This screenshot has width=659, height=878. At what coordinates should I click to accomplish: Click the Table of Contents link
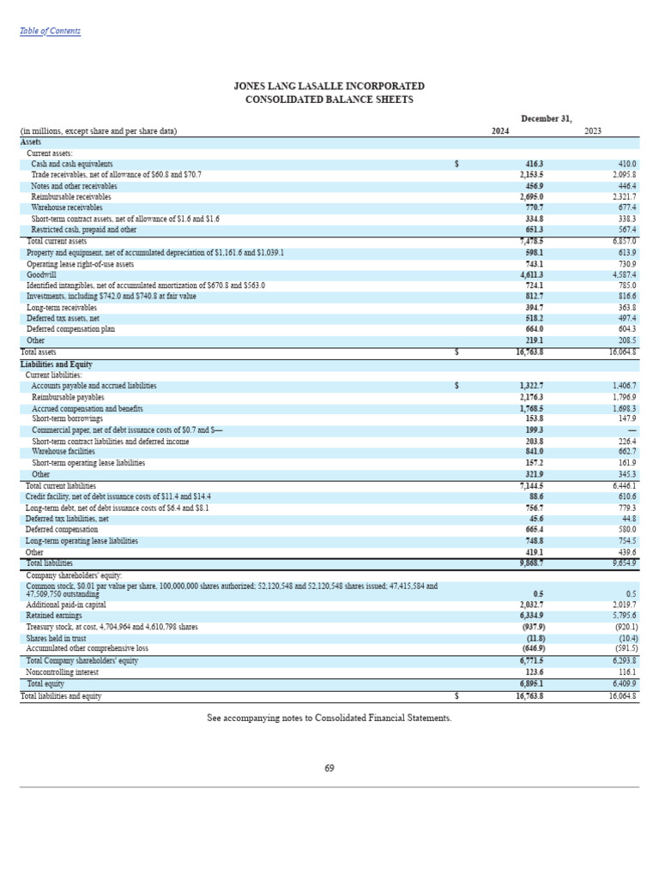[50, 31]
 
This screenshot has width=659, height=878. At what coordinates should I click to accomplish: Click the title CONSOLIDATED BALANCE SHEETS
[329, 99]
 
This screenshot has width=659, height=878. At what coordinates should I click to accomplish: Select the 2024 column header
[500, 131]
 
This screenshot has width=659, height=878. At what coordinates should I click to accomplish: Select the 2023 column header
[593, 131]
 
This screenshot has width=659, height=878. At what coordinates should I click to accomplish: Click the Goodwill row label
[41, 274]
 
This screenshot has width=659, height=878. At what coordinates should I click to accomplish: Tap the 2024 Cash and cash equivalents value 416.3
[534, 164]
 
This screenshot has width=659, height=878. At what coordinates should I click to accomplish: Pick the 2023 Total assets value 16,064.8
[622, 352]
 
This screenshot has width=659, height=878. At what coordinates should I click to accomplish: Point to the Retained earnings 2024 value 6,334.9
[531, 616]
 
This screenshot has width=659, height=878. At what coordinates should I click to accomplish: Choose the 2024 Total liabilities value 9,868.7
[531, 563]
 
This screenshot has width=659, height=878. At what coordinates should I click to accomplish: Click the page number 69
[329, 768]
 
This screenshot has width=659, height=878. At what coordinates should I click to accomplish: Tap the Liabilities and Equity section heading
[56, 364]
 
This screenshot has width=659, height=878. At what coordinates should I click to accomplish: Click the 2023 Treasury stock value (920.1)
[621, 627]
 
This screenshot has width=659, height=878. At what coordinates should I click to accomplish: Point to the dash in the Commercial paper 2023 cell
[632, 430]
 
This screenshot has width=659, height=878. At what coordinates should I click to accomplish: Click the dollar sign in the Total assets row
[456, 352]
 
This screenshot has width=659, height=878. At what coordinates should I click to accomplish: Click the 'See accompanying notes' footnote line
[329, 718]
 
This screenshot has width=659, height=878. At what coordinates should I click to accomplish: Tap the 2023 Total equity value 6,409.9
[622, 684]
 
